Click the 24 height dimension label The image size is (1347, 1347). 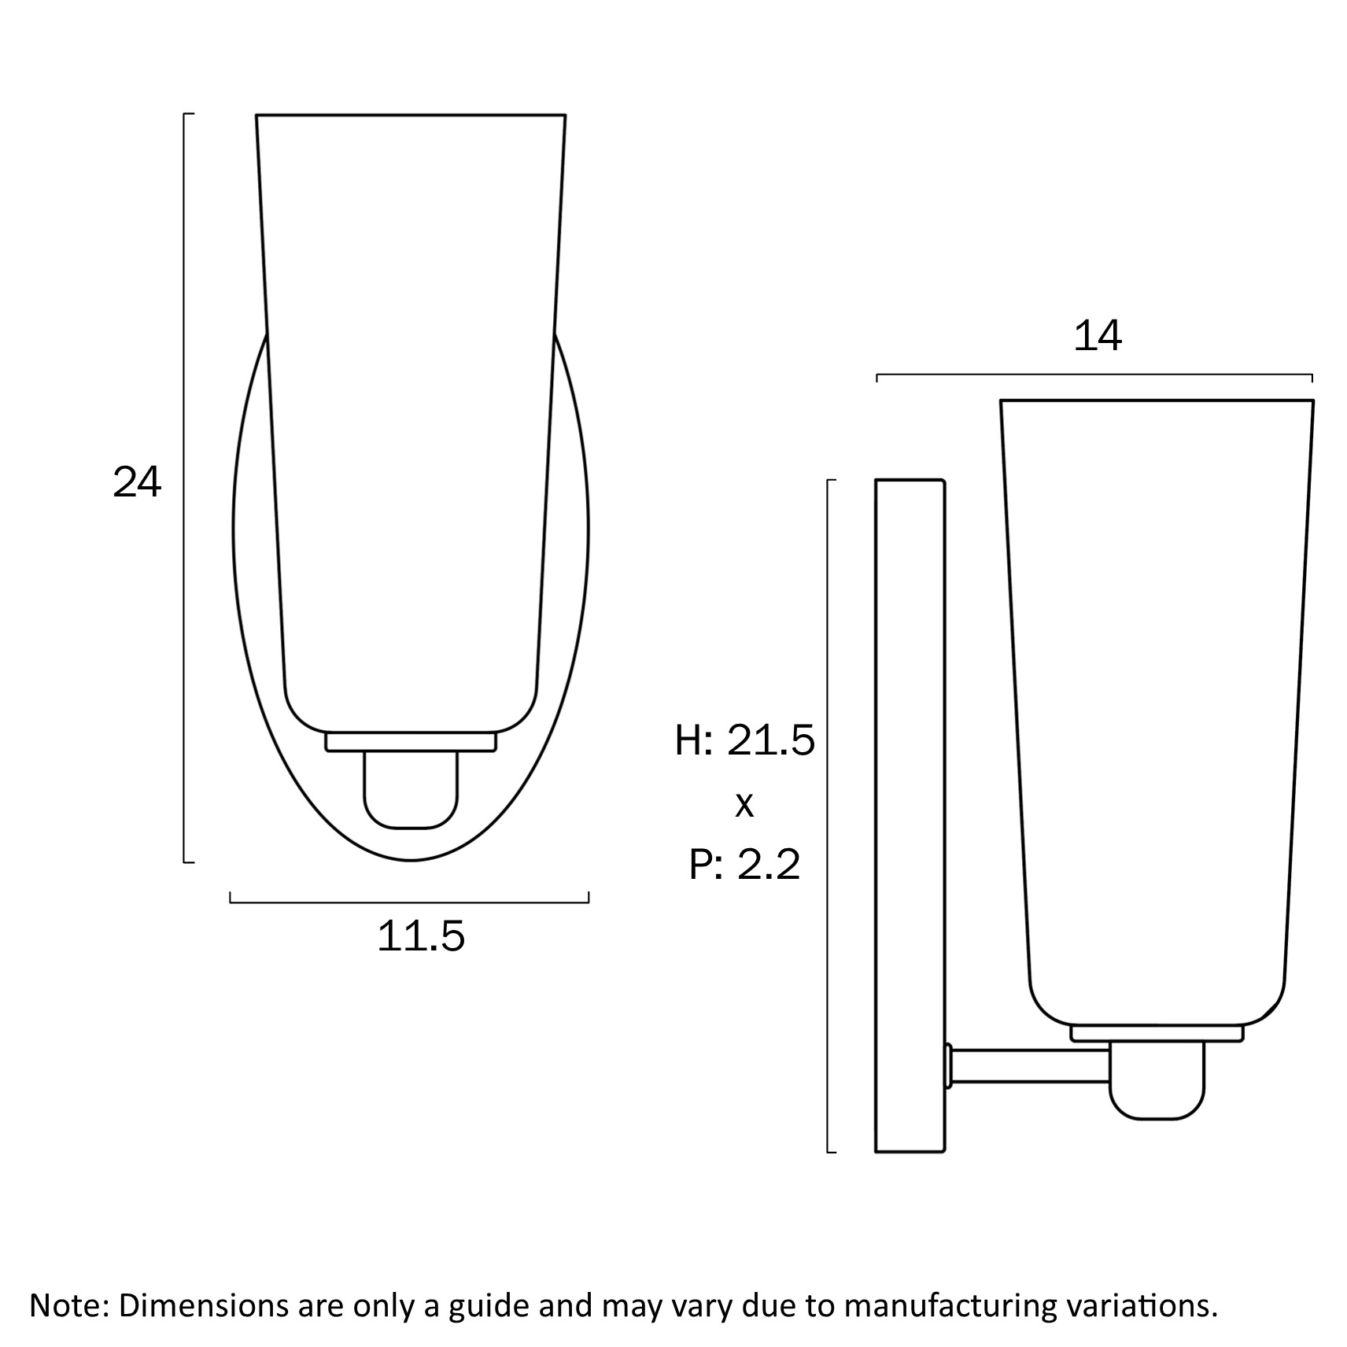pos(137,483)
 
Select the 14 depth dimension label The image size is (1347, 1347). pos(1097,337)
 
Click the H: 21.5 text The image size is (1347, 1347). pos(744,740)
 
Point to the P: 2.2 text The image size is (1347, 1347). pos(744,865)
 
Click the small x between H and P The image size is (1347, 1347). pos(744,805)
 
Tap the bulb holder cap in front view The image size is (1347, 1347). pos(411,789)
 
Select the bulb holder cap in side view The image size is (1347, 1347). pos(1157,1079)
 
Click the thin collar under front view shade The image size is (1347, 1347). pos(411,741)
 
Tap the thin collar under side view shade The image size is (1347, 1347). pos(1157,1033)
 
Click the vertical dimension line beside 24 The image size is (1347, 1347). pos(185,488)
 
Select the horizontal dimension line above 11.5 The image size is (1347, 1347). pos(409,902)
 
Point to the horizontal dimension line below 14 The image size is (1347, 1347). pos(1094,375)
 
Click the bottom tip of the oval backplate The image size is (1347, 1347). pos(411,859)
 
